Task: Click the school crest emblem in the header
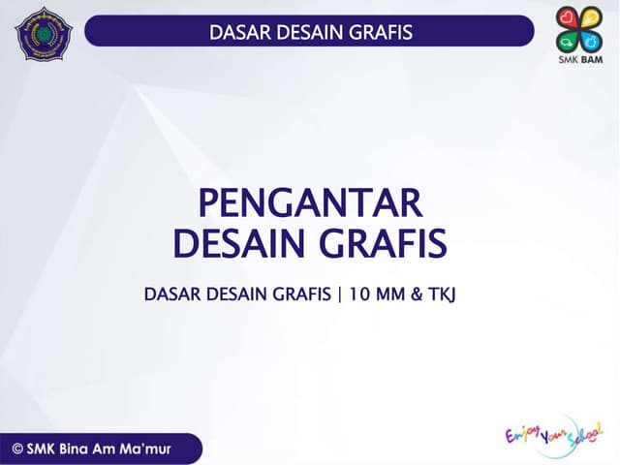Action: point(44,34)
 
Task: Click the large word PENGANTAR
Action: point(310,204)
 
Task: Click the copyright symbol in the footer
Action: point(18,448)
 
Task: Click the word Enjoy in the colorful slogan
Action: point(524,434)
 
